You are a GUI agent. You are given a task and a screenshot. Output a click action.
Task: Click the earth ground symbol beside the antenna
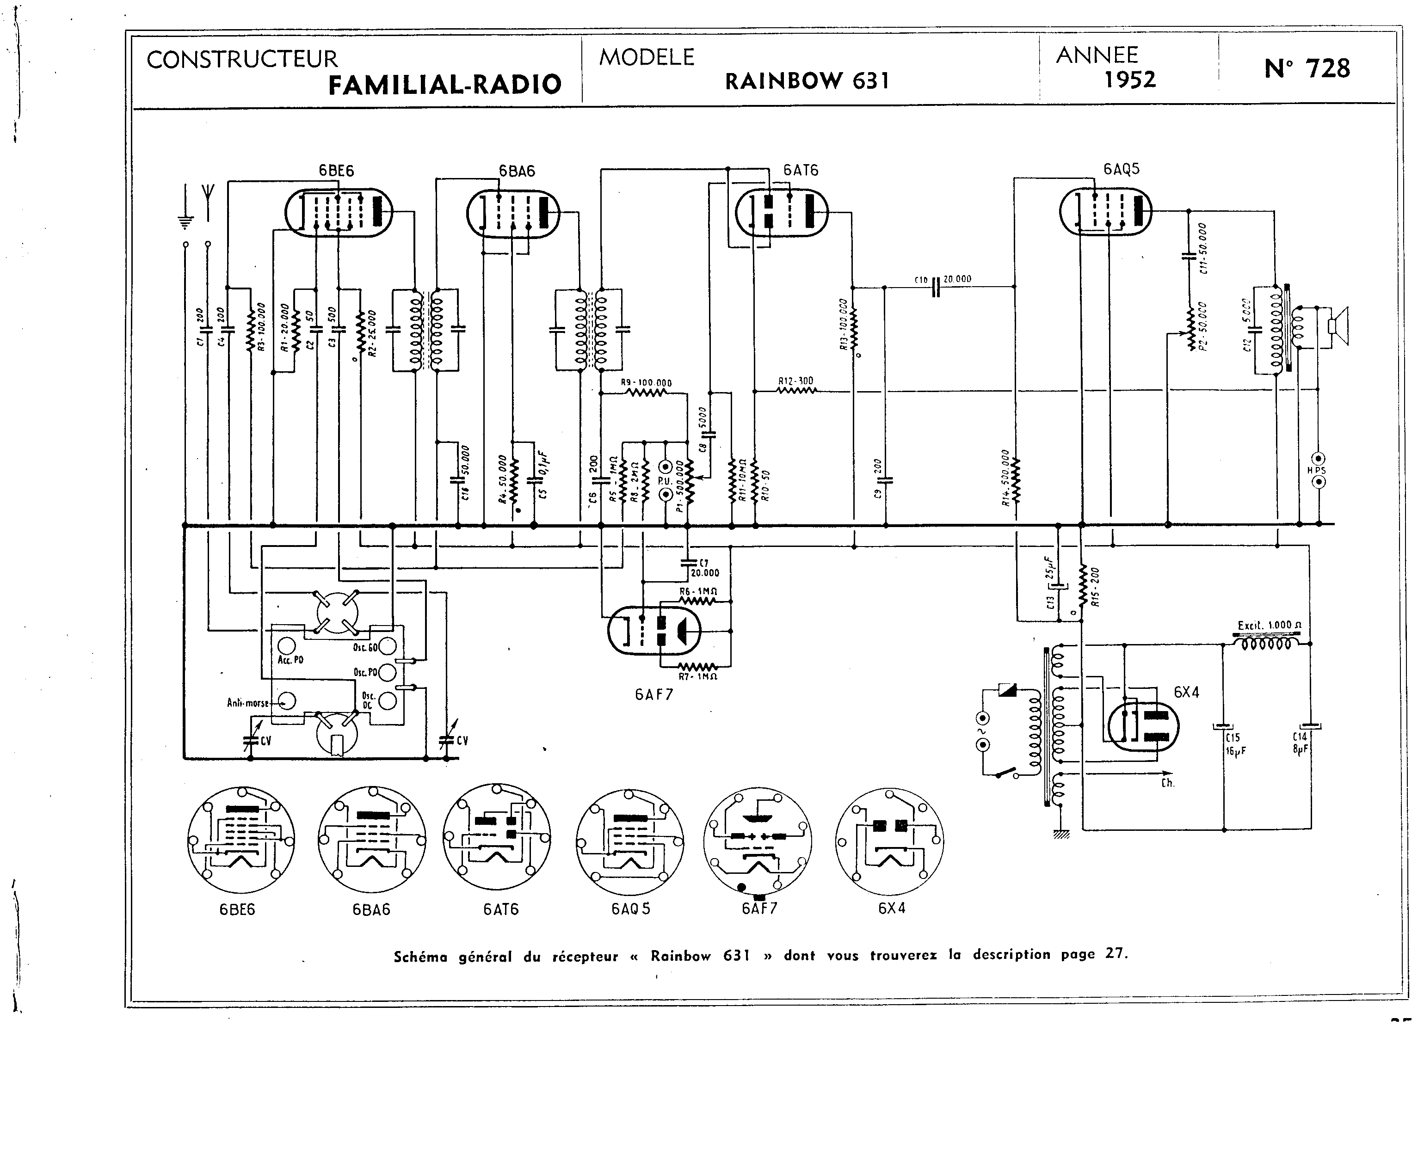(x=185, y=213)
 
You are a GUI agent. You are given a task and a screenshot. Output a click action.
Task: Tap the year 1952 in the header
(x=1129, y=80)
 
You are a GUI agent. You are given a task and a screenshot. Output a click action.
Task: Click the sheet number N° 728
(x=1307, y=68)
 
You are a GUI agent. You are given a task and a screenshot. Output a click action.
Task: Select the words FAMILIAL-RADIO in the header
(x=445, y=85)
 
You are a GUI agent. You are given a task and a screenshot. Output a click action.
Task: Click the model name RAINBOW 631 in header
(x=807, y=81)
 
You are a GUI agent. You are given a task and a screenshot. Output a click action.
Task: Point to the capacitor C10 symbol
(x=935, y=287)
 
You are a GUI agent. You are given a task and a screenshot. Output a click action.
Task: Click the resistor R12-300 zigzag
(x=796, y=391)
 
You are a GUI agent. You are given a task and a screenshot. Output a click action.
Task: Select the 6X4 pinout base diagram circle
(x=889, y=841)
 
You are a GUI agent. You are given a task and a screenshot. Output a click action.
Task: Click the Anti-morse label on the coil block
(x=248, y=703)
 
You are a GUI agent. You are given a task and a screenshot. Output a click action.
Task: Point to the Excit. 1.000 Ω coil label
(x=1269, y=625)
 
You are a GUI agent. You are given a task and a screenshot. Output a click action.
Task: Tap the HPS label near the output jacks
(x=1316, y=470)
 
